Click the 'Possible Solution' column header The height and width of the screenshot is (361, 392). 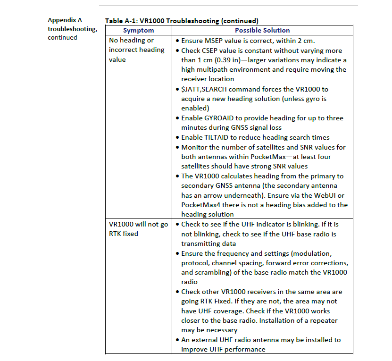262,30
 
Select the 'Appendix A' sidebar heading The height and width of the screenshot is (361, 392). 65,20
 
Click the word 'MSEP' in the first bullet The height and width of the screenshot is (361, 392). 217,41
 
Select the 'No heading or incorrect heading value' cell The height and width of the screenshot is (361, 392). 137,50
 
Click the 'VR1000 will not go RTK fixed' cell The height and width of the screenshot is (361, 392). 138,229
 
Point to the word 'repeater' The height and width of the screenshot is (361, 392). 324,321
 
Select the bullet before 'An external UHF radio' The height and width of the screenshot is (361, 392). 176,340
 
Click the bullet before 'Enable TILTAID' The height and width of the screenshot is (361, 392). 176,137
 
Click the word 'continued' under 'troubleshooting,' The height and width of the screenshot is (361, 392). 62,38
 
